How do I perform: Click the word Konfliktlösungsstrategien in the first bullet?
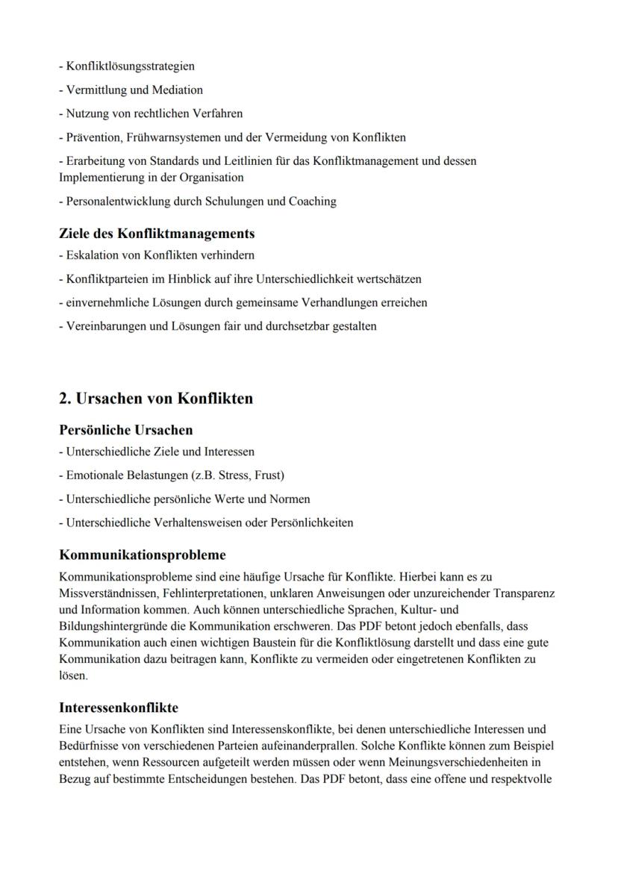[130, 66]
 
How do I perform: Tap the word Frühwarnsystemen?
[172, 137]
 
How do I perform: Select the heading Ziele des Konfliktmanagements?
[157, 234]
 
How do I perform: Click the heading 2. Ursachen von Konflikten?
[156, 399]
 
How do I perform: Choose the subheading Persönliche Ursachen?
[125, 430]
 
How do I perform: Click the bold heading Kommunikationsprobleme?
[142, 555]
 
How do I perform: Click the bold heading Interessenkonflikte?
[118, 708]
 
